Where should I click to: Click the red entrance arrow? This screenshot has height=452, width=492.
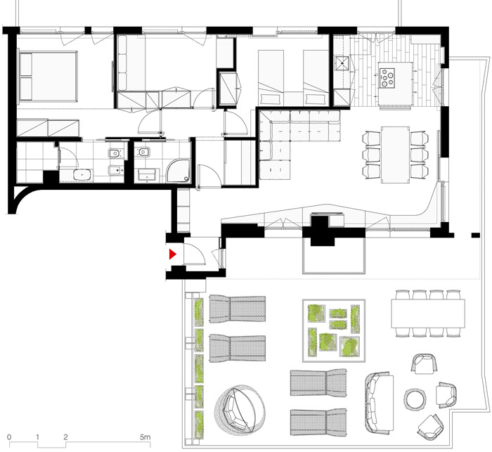pos(172,254)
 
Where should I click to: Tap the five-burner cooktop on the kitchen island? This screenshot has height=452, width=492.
pos(387,77)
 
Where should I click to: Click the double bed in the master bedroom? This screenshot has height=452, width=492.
pos(48,77)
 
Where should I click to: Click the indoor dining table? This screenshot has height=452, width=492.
pos(395,155)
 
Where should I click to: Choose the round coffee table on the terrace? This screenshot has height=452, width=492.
pos(415,399)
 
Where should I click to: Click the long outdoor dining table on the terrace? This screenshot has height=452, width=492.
pos(428,314)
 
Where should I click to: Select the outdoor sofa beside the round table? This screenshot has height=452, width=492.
pos(379,403)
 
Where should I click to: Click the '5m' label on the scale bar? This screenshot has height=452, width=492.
pos(145,437)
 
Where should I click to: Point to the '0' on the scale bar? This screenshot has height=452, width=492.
pos(9,437)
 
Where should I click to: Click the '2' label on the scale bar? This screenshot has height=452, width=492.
pos(65,437)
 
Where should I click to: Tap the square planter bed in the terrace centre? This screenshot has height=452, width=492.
pos(334,330)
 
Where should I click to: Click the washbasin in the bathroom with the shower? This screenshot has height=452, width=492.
pos(146,175)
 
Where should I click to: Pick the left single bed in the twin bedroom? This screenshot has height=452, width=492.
pos(271,78)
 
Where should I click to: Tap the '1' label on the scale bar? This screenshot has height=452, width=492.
pos(37,437)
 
